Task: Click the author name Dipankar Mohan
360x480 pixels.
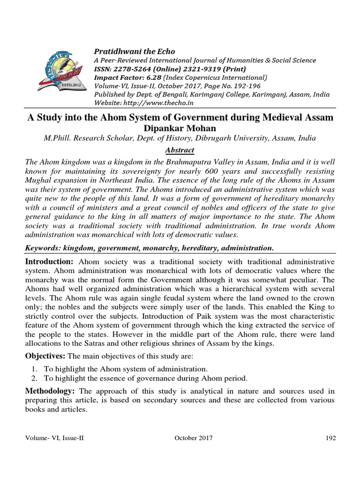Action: click(180, 127)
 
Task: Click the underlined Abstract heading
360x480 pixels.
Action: click(180, 150)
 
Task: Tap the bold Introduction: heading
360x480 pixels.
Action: click(49, 262)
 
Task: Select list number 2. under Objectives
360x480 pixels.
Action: click(35, 378)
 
